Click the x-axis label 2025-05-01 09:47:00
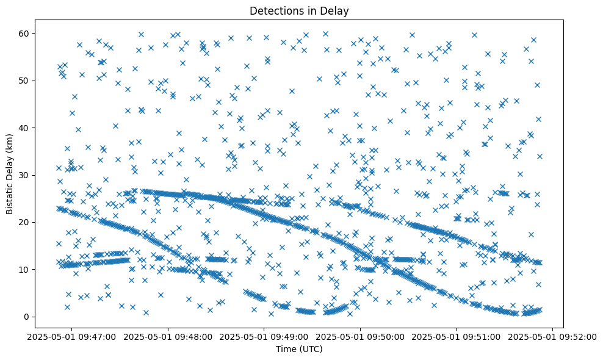[72, 336]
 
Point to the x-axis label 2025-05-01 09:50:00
[361, 336]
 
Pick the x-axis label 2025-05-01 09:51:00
[457, 336]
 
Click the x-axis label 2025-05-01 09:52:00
[553, 336]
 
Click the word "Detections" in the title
[275, 10]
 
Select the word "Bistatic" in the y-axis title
[10, 194]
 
